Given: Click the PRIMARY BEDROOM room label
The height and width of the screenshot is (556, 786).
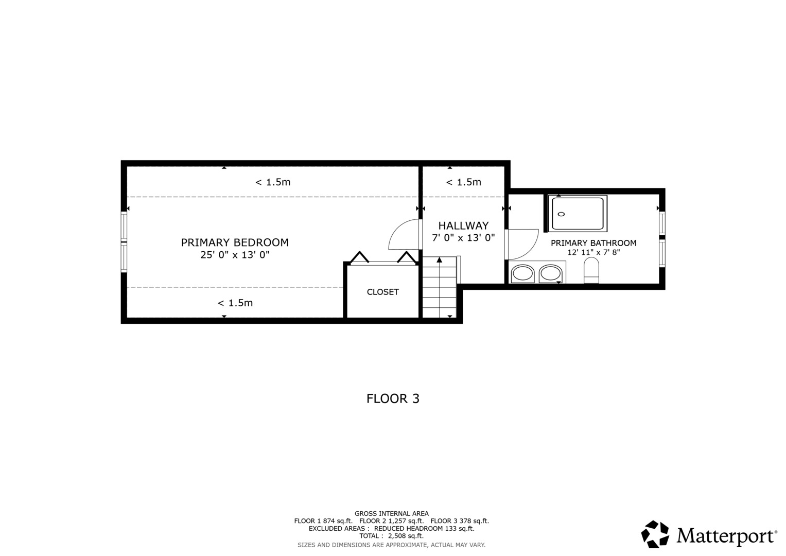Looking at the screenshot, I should (x=235, y=242).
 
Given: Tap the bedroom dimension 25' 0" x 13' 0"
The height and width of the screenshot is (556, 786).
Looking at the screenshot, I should (x=235, y=255).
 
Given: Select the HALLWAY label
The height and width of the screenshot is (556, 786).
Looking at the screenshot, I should (x=463, y=225).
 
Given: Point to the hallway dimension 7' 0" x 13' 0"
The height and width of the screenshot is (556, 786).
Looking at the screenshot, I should (x=463, y=238).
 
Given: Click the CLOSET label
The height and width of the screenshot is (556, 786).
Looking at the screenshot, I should (x=382, y=292).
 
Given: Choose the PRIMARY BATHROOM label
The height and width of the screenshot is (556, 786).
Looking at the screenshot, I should (x=593, y=243).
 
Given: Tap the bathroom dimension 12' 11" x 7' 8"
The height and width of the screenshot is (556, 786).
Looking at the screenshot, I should (x=593, y=253).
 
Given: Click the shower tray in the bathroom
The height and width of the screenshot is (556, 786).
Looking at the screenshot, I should (x=578, y=213).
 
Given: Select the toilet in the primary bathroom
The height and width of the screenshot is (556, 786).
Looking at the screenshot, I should (x=591, y=271).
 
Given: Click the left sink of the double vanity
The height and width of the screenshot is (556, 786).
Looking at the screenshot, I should (x=522, y=273).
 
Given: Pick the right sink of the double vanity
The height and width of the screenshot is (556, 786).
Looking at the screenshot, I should (x=550, y=273).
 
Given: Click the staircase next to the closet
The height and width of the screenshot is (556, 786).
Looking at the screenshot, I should (x=439, y=288).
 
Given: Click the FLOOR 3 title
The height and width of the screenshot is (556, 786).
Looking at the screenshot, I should (x=393, y=398).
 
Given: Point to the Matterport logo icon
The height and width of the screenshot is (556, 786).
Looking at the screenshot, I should (x=655, y=534).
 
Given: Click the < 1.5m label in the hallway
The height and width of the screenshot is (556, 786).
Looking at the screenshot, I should (x=463, y=182).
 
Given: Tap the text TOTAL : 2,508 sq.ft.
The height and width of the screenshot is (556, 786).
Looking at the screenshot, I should (x=391, y=536).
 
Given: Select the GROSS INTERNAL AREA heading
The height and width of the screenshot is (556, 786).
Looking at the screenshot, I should (x=391, y=513).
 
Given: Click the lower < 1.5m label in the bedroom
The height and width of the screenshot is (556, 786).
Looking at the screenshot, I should (x=235, y=303).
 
